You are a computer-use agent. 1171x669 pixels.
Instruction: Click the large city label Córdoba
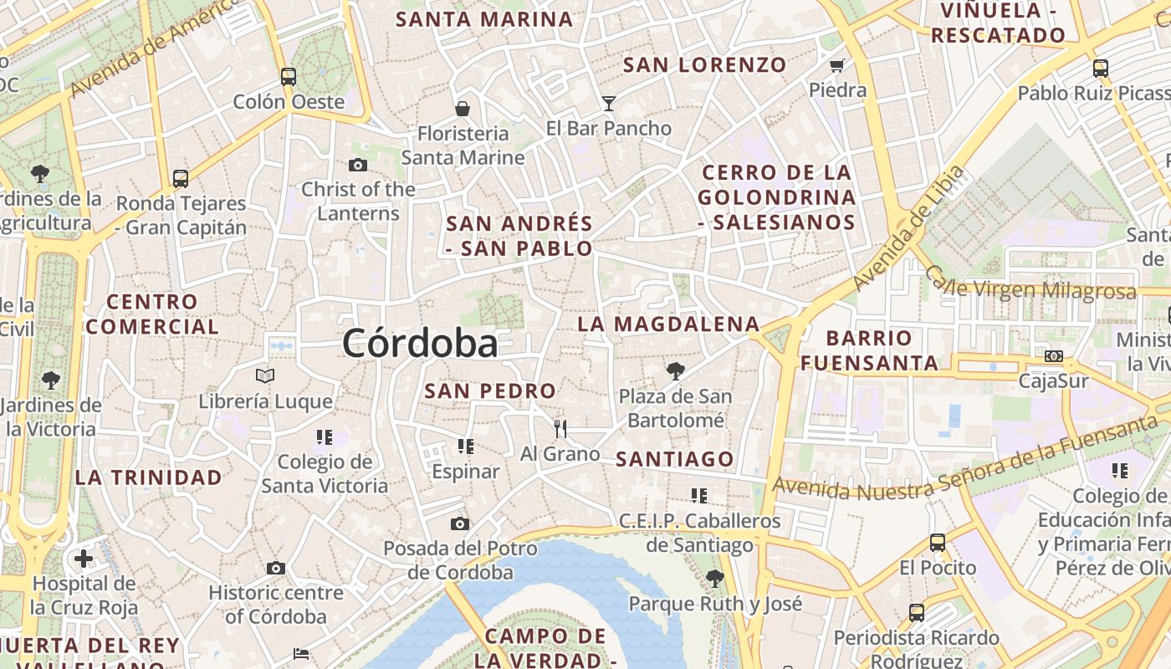pyautogui.click(x=420, y=343)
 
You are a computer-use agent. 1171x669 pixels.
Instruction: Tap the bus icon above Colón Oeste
pyautogui.click(x=289, y=77)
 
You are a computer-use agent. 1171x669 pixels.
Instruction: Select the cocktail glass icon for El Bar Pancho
pyautogui.click(x=609, y=104)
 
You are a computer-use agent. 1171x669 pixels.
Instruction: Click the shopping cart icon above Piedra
pyautogui.click(x=836, y=65)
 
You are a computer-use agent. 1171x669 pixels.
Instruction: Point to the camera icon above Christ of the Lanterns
pyautogui.click(x=358, y=166)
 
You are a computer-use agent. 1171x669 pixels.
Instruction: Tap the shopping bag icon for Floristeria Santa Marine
pyautogui.click(x=462, y=109)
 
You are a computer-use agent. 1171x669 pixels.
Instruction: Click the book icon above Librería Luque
pyautogui.click(x=265, y=376)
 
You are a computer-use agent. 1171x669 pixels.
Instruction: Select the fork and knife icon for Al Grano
pyautogui.click(x=560, y=429)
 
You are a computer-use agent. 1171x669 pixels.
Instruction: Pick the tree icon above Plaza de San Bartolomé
pyautogui.click(x=676, y=370)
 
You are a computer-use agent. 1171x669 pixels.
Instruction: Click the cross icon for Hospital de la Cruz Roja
pyautogui.click(x=84, y=558)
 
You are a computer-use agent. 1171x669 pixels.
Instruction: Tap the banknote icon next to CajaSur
pyautogui.click(x=1054, y=356)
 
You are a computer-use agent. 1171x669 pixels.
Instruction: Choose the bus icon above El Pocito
pyautogui.click(x=938, y=543)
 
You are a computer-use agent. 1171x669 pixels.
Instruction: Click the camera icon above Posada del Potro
pyautogui.click(x=459, y=524)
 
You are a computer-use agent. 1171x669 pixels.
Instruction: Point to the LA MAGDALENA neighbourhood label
pyautogui.click(x=668, y=324)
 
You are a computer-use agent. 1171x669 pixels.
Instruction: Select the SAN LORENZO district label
pyautogui.click(x=705, y=64)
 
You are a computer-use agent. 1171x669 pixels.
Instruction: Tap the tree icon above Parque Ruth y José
pyautogui.click(x=714, y=578)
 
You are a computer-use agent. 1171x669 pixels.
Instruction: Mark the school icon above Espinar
pyautogui.click(x=466, y=447)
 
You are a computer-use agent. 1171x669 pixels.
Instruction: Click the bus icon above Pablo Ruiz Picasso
pyautogui.click(x=1101, y=69)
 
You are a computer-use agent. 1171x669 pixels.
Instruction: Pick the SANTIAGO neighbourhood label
pyautogui.click(x=675, y=458)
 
